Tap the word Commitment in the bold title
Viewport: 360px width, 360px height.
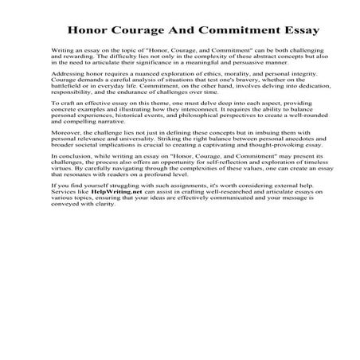230,32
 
